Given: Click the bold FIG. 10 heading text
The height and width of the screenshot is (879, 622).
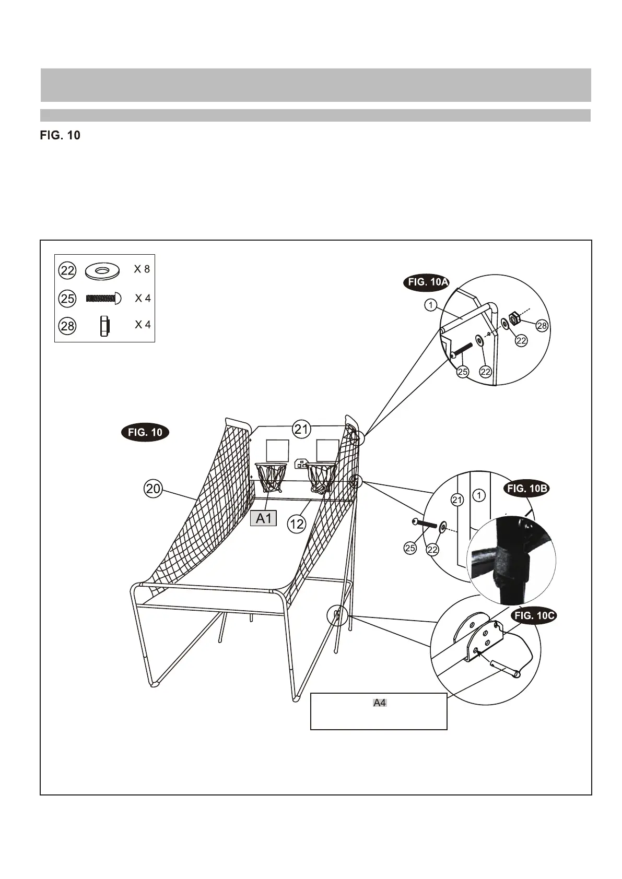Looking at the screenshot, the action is point(60,136).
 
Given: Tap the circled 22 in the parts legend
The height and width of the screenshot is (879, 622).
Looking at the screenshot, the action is point(67,270).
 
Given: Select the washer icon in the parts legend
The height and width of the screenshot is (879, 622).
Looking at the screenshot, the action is point(102,271).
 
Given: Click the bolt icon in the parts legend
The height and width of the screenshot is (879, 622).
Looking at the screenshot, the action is point(103,299).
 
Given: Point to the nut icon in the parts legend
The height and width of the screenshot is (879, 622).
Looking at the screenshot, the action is point(103,326).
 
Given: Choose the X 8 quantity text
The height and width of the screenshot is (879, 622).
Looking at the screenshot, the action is point(142,269).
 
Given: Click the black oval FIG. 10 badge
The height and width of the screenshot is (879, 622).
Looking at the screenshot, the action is point(145,433).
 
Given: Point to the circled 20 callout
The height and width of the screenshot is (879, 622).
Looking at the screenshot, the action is point(153,489).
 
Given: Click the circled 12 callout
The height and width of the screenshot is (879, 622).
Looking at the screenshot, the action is point(296,524).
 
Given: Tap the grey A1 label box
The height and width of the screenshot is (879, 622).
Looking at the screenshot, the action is point(263,518).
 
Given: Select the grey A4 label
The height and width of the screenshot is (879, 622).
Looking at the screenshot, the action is point(380,703).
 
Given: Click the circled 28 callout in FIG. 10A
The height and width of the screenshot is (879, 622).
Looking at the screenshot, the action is point(542,326).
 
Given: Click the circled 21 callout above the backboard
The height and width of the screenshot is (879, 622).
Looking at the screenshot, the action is point(301,430).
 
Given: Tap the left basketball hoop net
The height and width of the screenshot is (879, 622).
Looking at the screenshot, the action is point(271,478).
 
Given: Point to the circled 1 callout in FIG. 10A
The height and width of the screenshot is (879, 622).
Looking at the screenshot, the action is point(430,305).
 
